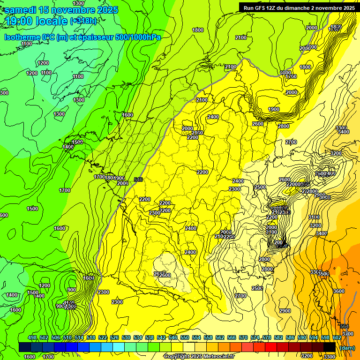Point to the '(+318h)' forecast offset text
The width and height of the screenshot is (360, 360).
pyautogui.click(x=83, y=21)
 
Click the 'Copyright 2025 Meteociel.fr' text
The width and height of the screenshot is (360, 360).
pyautogui.click(x=199, y=357)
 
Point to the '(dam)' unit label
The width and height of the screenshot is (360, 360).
pyautogui.click(x=347, y=348)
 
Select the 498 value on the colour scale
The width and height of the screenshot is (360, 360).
pyautogui.click(x=32, y=338)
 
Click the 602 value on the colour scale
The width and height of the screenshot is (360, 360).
pyautogui.click(x=337, y=338)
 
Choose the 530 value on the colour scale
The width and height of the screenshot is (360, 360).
pyautogui.click(x=126, y=338)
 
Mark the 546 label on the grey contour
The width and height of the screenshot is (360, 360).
pyautogui.click(x=138, y=180)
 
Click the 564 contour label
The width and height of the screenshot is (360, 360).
pyautogui.click(x=345, y=327)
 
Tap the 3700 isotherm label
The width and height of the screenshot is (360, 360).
pyautogui.click(x=348, y=334)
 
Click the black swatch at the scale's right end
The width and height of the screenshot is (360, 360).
pyautogui.click(x=329, y=347)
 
